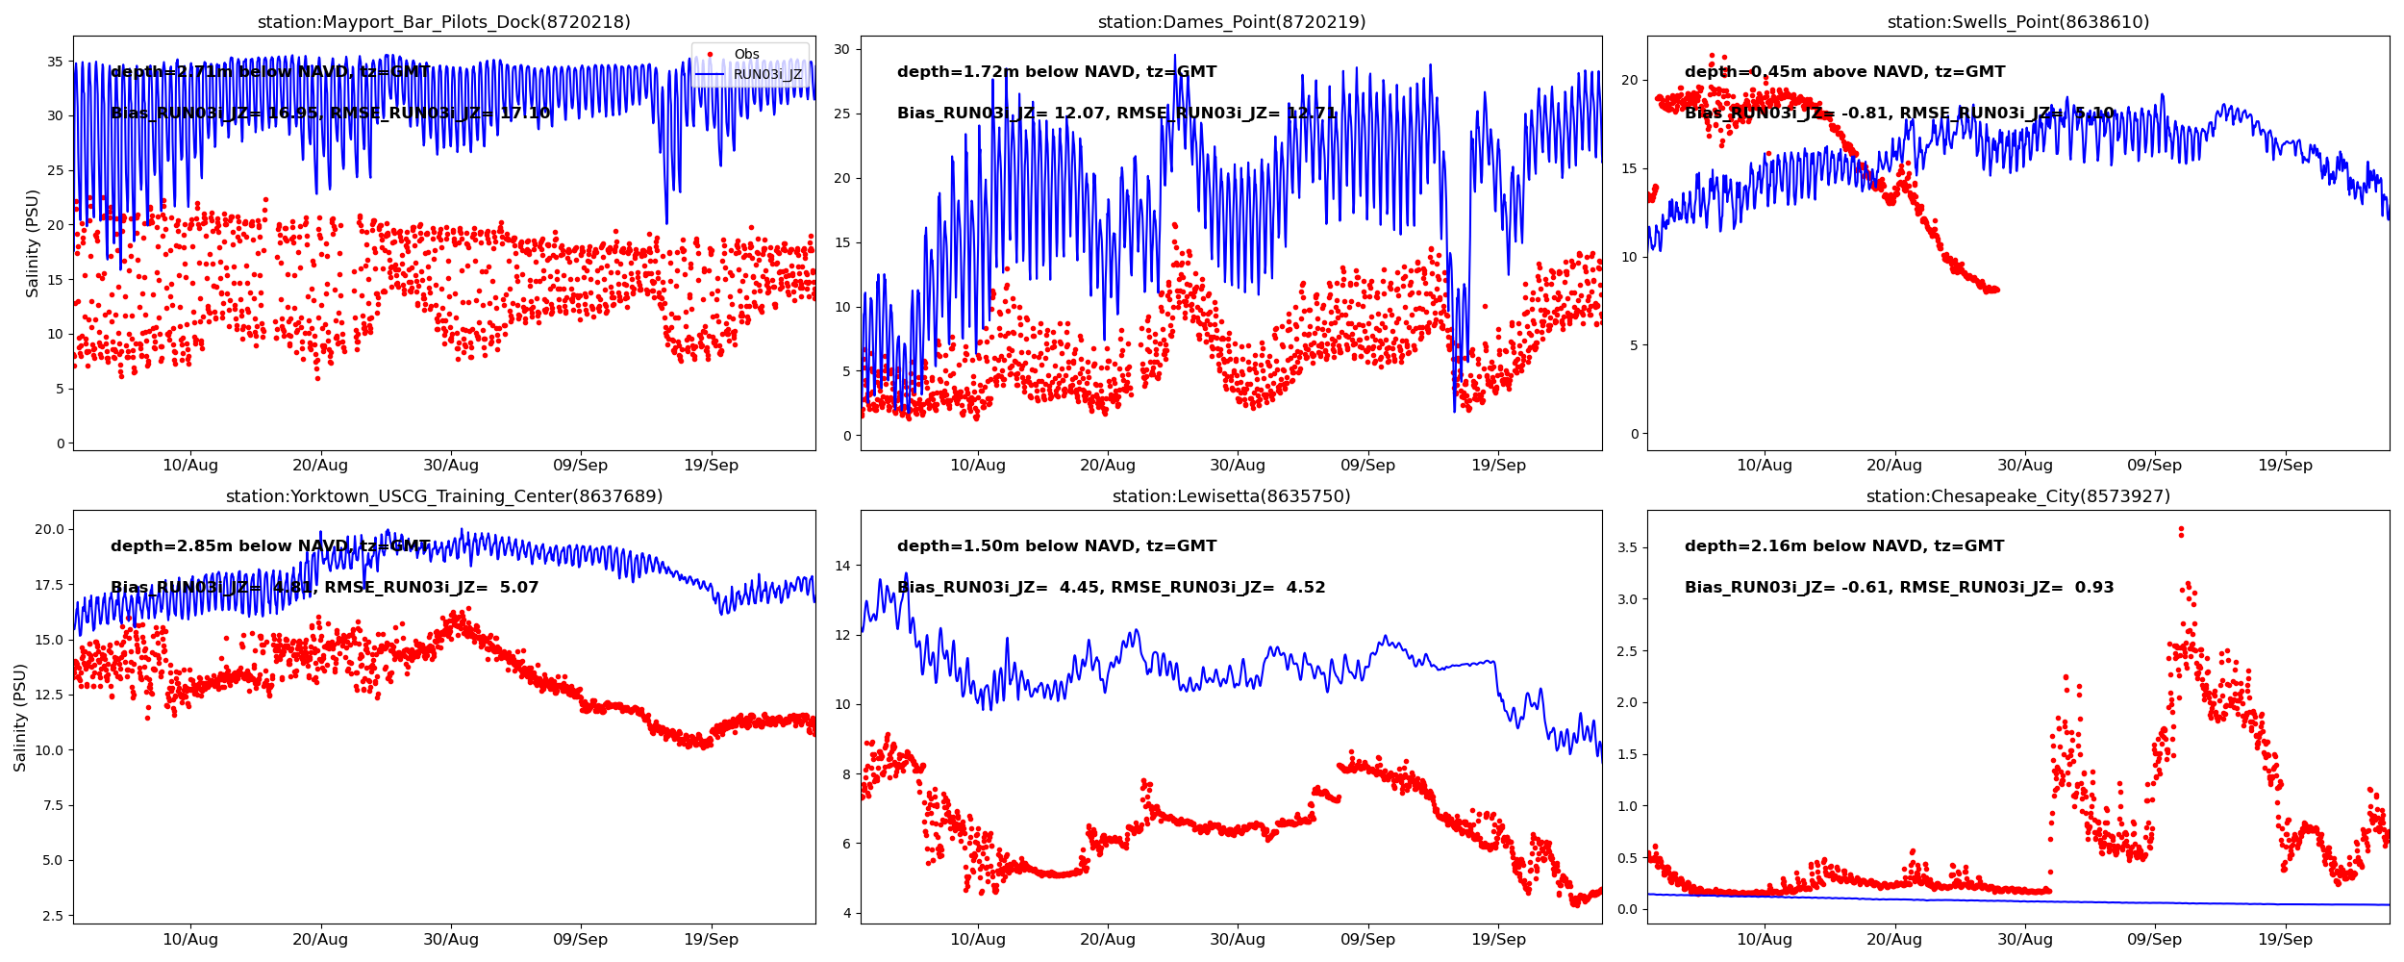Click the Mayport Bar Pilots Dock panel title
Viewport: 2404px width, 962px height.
pos(443,22)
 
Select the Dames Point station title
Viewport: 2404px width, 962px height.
pos(1231,22)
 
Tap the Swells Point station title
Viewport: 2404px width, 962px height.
pos(2017,22)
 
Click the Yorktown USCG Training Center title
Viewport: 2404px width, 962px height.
pos(443,496)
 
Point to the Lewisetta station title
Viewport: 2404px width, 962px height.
pos(1231,496)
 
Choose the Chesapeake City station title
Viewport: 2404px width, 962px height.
pos(2017,496)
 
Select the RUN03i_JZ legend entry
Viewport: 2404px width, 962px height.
pos(767,74)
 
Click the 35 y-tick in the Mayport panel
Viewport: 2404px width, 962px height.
pos(56,62)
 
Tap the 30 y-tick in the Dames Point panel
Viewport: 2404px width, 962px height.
pos(842,49)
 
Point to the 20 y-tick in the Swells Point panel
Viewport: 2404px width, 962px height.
pos(1629,80)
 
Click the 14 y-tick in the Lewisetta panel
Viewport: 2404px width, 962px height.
pos(842,566)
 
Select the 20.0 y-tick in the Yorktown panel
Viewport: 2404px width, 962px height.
pos(49,529)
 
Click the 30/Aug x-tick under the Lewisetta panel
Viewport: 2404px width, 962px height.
pos(1237,940)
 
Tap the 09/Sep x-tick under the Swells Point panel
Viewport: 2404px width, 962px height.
pos(2154,466)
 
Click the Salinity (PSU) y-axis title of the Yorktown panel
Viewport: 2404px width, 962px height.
pos(20,717)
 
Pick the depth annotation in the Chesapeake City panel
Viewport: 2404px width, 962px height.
pos(1843,546)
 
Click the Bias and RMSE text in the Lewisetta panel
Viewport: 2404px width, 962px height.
pos(1111,588)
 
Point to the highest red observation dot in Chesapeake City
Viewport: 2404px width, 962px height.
pos(2181,529)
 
